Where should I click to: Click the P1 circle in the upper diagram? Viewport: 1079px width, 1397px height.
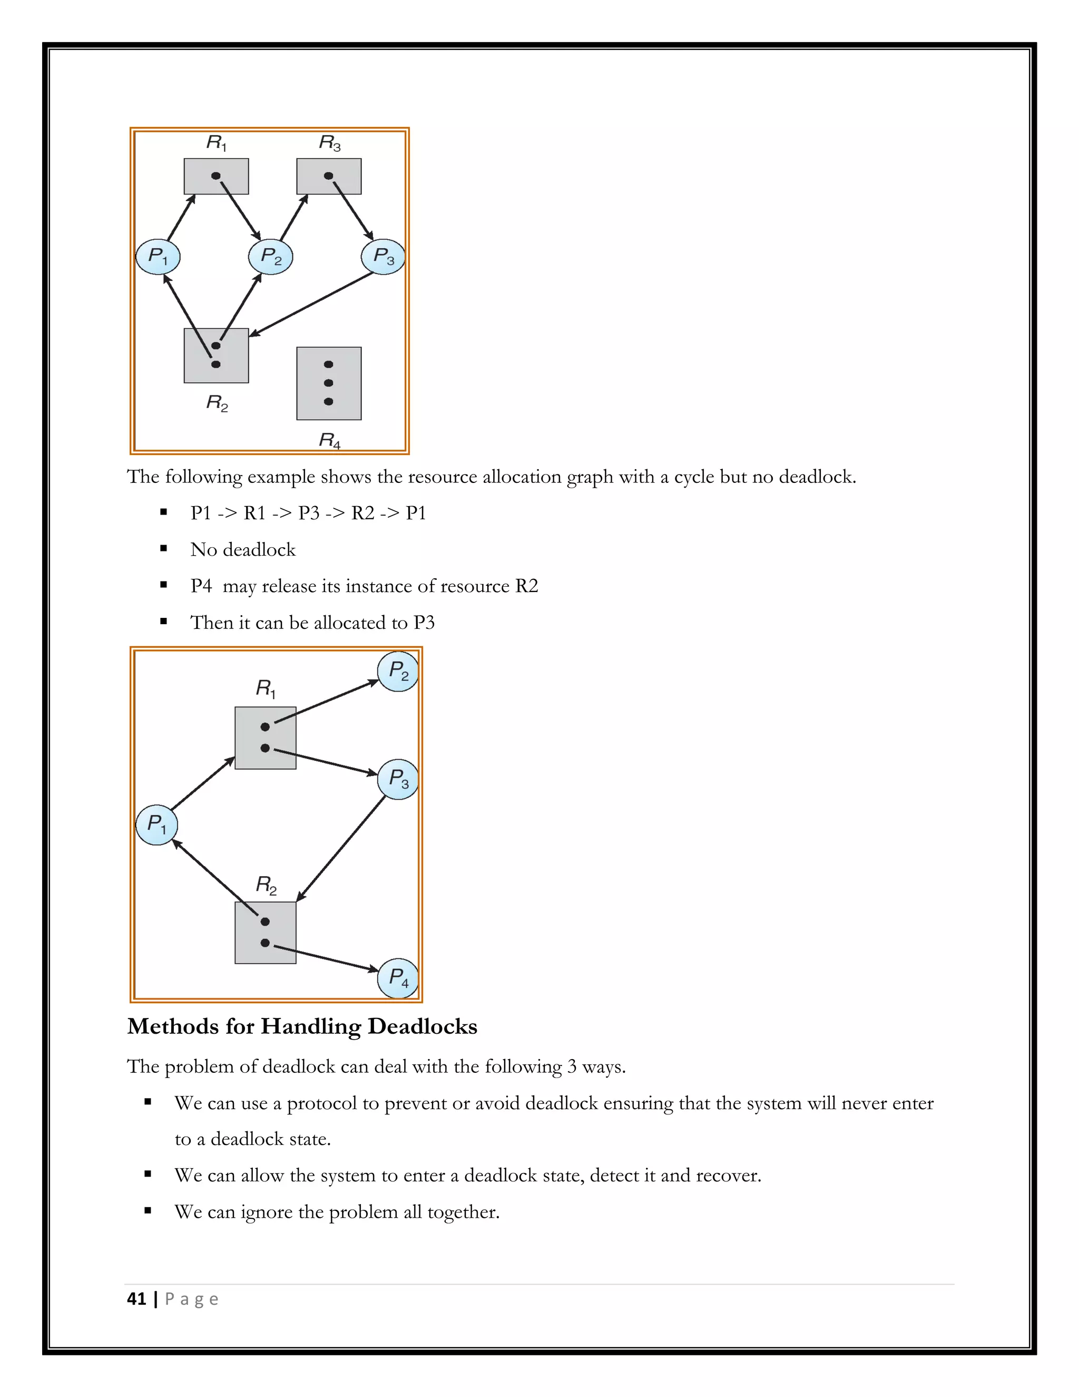point(158,257)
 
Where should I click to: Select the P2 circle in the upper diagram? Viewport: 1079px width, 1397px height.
point(270,257)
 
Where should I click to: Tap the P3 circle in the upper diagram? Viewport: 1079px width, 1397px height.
point(383,257)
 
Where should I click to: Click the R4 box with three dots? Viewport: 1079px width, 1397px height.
point(329,383)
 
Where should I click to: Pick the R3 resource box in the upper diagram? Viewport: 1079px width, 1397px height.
point(329,176)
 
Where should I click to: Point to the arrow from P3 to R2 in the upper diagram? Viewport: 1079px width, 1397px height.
point(311,304)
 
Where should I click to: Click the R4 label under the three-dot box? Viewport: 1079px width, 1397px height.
point(330,440)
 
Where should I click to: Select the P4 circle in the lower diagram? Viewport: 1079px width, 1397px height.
point(398,977)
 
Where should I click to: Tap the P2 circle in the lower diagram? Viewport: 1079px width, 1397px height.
point(398,672)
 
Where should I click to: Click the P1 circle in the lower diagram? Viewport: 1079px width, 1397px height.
point(156,824)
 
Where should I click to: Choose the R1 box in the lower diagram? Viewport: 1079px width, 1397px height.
point(266,738)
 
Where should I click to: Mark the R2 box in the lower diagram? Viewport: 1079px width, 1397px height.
point(266,933)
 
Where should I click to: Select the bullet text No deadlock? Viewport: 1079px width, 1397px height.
point(243,550)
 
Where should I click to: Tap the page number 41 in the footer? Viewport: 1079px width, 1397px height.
point(136,1298)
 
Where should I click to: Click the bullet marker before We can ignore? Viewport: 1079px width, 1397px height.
point(148,1210)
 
